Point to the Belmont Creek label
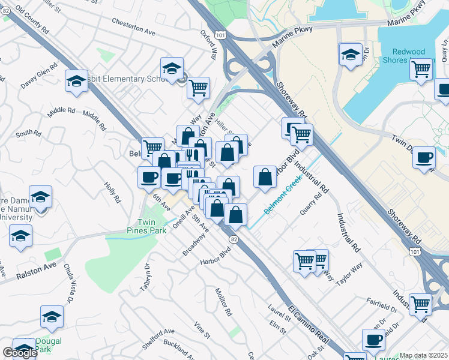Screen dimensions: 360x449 click(x=283, y=199)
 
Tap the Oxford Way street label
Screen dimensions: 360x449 click(x=212, y=44)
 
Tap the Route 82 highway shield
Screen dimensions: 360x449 click(x=233, y=239)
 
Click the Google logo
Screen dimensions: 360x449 click(x=20, y=353)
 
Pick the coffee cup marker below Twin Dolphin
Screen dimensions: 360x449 click(x=424, y=158)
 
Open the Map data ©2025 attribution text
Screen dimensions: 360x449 click(x=423, y=355)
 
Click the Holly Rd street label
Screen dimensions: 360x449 click(x=113, y=193)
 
